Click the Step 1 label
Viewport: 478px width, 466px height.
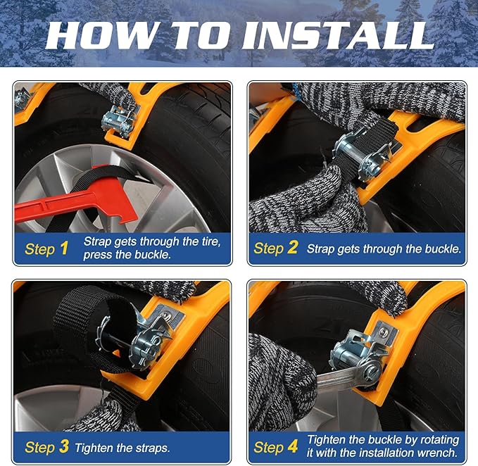pyautogui.click(x=46, y=248)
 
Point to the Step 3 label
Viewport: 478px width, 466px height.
pyautogui.click(x=46, y=447)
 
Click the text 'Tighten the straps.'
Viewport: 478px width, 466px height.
pyautogui.click(x=122, y=448)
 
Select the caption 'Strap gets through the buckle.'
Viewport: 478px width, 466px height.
pyautogui.click(x=384, y=248)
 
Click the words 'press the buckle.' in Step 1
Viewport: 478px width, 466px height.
pyautogui.click(x=127, y=255)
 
